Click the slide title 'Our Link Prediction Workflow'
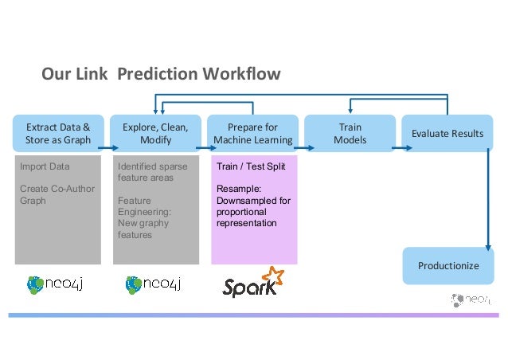(161, 75)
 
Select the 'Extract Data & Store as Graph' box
(58, 134)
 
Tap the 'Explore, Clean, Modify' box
(155, 134)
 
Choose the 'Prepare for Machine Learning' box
(252, 134)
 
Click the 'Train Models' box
(350, 134)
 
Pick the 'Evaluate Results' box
(447, 134)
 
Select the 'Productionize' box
(448, 265)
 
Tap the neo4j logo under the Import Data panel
(58, 285)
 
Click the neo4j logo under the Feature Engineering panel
(156, 285)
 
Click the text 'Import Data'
(45, 167)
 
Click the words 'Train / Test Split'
(245, 167)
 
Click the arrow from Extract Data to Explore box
(107, 146)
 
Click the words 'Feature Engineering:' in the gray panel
(143, 207)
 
